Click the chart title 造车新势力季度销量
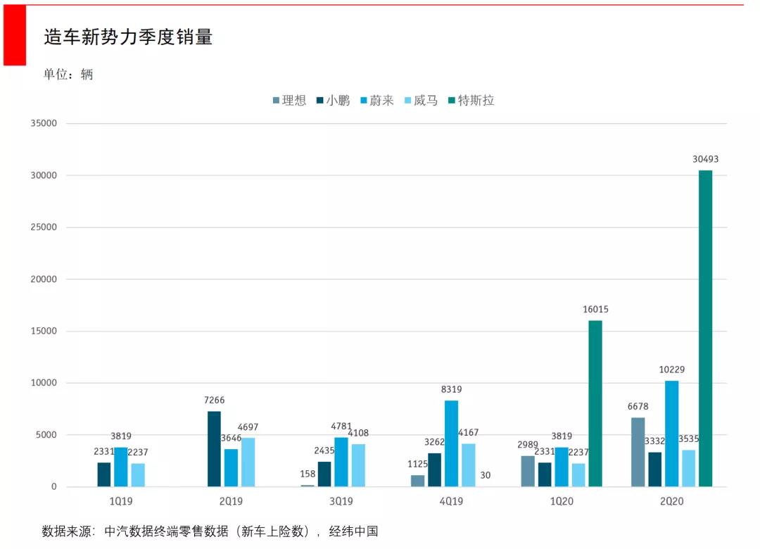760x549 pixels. click(128, 37)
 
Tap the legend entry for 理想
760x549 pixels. click(289, 101)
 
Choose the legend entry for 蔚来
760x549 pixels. click(376, 101)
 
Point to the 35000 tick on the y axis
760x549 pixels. click(43, 123)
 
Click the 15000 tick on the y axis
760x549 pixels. click(43, 331)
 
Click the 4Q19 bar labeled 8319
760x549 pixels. click(451, 443)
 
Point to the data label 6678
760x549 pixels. click(637, 407)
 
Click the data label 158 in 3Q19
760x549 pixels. click(307, 474)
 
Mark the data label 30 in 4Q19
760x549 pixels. click(485, 476)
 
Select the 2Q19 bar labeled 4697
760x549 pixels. click(248, 462)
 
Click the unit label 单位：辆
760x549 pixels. click(68, 75)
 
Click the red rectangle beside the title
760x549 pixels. click(14, 35)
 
